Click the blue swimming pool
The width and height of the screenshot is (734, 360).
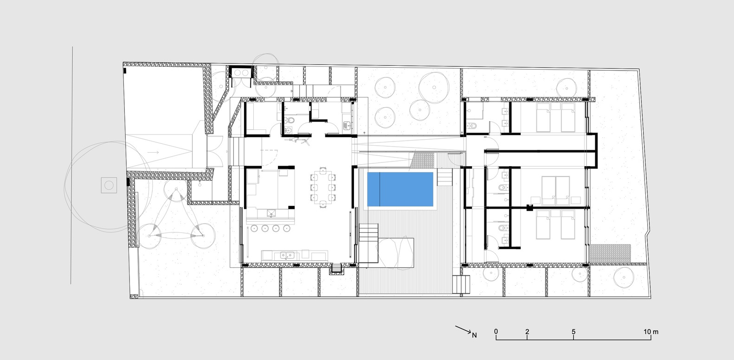point(400,189)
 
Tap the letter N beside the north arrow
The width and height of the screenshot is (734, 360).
point(474,335)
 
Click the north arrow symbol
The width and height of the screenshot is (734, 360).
point(463,329)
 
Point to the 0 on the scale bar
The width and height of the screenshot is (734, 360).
point(496,332)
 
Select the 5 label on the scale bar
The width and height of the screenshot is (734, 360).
point(573,332)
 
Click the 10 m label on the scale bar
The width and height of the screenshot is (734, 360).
point(651,332)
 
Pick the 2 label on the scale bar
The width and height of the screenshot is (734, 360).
point(527,332)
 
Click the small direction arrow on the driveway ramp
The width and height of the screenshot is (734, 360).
point(153,152)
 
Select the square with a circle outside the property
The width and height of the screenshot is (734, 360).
point(109,186)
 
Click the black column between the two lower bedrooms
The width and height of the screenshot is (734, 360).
point(529,208)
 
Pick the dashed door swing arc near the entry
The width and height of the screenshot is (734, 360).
point(270,157)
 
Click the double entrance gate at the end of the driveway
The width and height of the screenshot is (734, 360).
point(215,152)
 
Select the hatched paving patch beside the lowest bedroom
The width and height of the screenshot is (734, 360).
point(610,254)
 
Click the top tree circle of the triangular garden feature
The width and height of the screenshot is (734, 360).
point(176,189)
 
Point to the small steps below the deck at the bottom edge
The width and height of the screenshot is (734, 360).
point(461,284)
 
